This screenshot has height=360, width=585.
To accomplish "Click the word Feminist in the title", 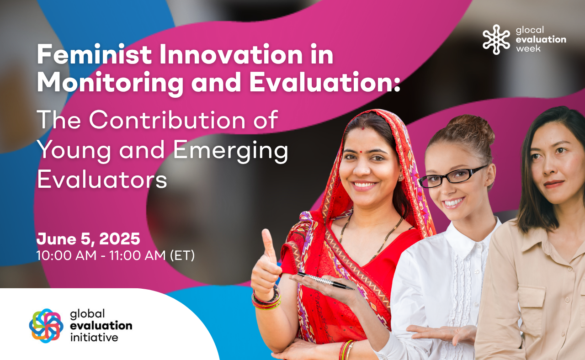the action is [94, 54].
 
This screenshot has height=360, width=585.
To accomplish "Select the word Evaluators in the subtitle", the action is [102, 179].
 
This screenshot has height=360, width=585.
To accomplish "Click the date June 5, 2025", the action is [88, 238].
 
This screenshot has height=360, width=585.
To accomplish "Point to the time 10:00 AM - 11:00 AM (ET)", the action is [116, 255].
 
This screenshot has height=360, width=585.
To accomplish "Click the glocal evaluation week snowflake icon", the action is [496, 39].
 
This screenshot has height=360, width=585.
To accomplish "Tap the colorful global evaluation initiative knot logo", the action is [46, 326].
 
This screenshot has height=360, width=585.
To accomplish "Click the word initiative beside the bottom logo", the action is [94, 338].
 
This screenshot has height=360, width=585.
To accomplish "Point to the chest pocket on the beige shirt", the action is [532, 306].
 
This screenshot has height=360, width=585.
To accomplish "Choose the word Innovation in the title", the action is [231, 54].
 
